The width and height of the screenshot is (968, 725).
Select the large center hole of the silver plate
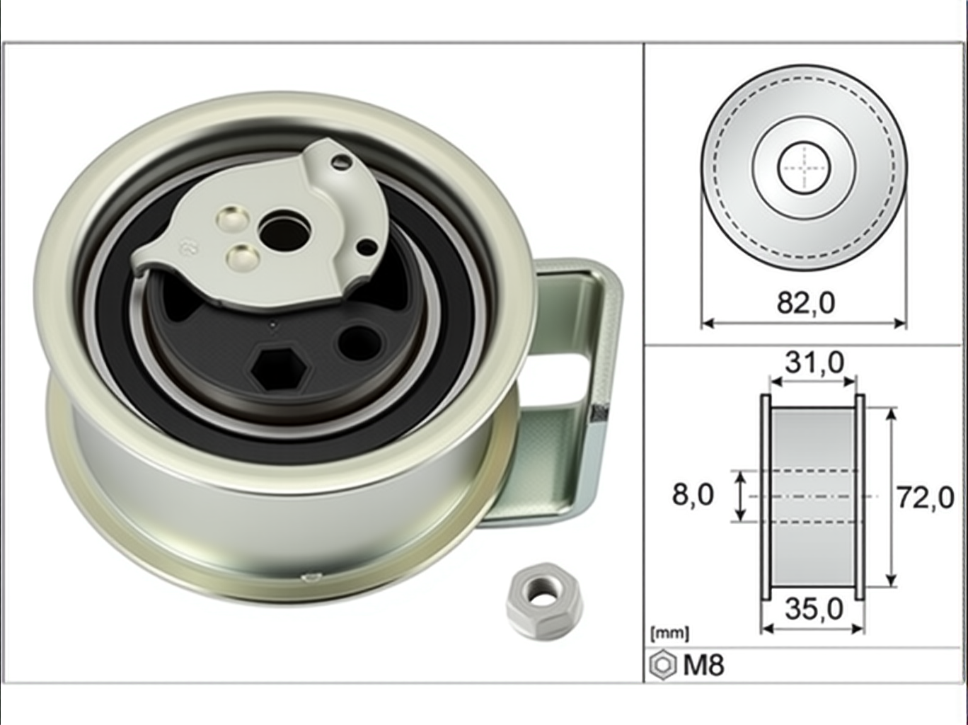[x=284, y=232]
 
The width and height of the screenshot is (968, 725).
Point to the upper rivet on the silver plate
[x=233, y=219]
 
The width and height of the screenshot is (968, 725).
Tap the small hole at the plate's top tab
[x=342, y=161]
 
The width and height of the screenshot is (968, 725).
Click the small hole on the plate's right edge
[x=367, y=247]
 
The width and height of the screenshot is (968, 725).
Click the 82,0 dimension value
[x=805, y=303]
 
